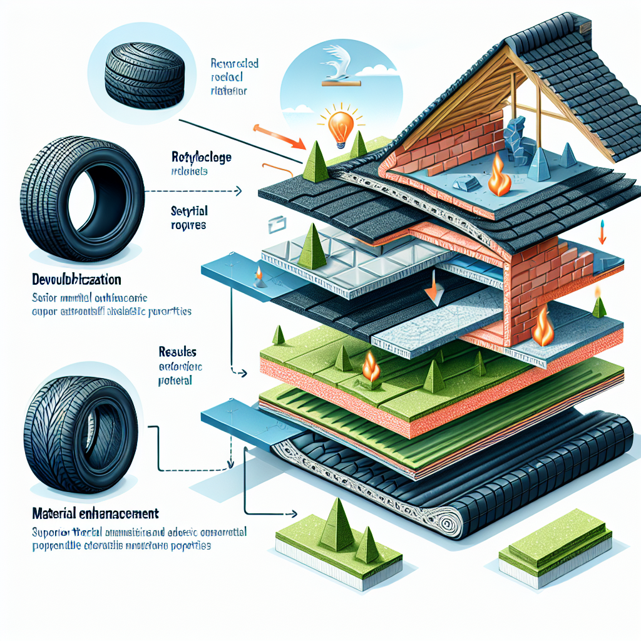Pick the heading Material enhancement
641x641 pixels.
coord(95,513)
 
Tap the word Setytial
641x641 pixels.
coord(189,212)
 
